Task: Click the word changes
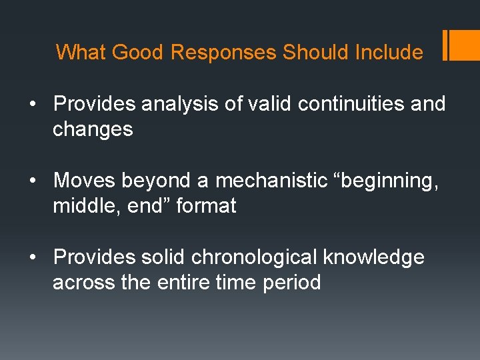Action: tap(93, 129)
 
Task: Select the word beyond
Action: tap(150, 180)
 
